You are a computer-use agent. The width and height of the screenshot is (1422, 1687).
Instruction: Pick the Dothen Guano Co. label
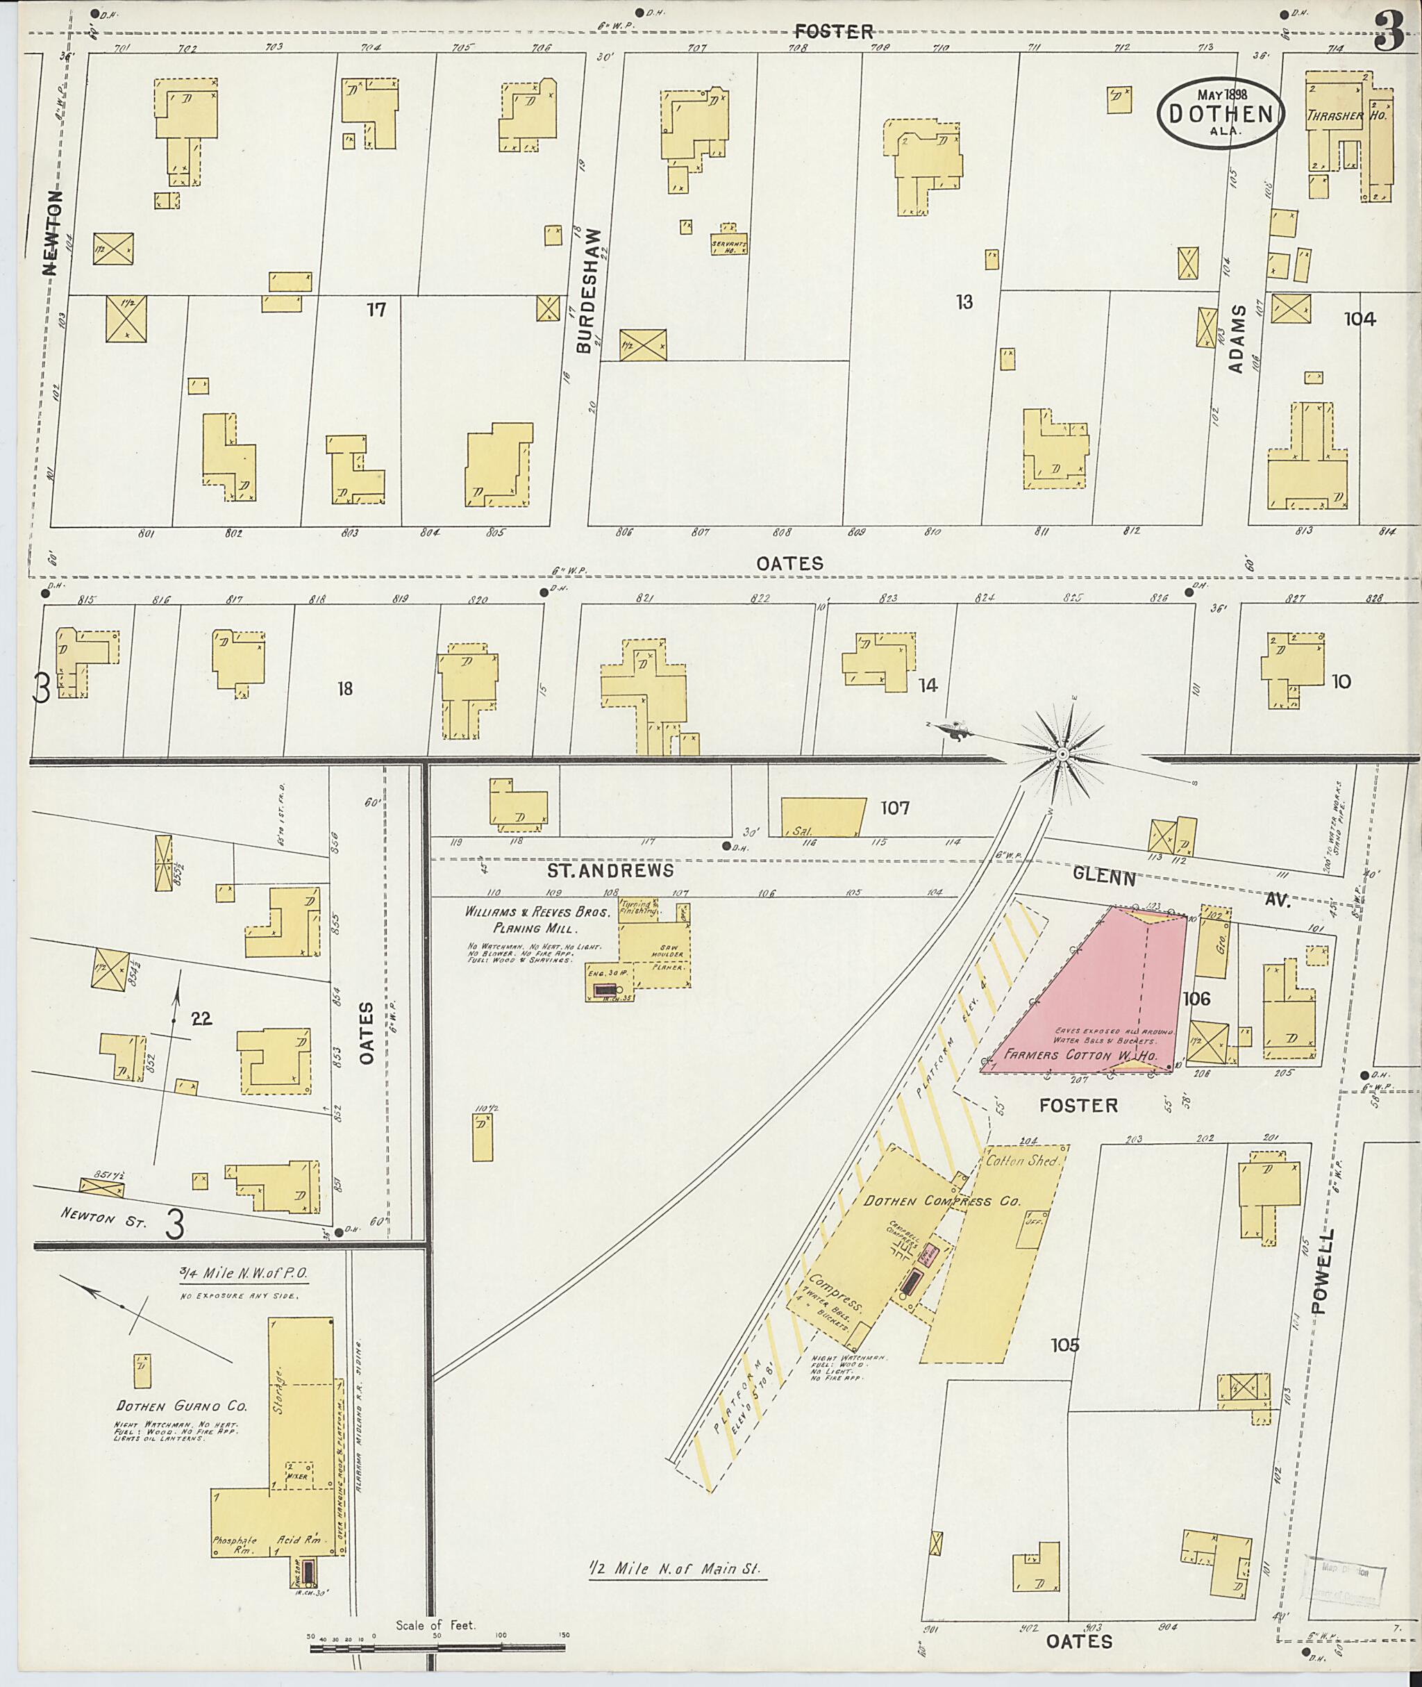pyautogui.click(x=181, y=1406)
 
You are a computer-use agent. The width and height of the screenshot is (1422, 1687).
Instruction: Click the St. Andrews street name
pyautogui.click(x=610, y=871)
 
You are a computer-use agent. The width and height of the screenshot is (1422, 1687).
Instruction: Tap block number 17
pyautogui.click(x=376, y=309)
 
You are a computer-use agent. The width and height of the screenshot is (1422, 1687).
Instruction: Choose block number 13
pyautogui.click(x=964, y=302)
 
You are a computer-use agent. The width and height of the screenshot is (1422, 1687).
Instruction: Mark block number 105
pyautogui.click(x=1064, y=1345)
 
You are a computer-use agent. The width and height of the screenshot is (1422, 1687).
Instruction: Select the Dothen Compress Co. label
pyautogui.click(x=942, y=1201)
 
